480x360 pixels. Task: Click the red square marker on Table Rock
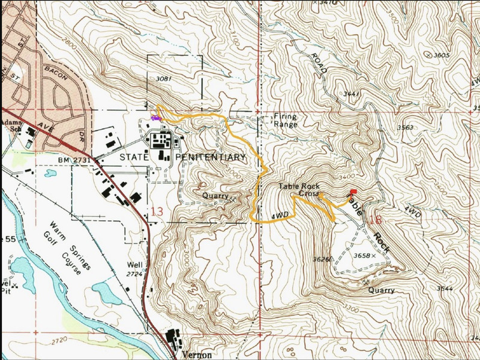(x=352, y=192)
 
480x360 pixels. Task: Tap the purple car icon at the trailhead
(x=155, y=119)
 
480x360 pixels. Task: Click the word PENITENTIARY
(x=211, y=157)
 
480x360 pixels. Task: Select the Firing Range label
(x=285, y=120)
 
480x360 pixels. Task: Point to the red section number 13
(x=157, y=211)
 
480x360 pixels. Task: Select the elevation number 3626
(x=323, y=260)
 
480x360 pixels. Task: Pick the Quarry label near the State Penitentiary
(x=215, y=196)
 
